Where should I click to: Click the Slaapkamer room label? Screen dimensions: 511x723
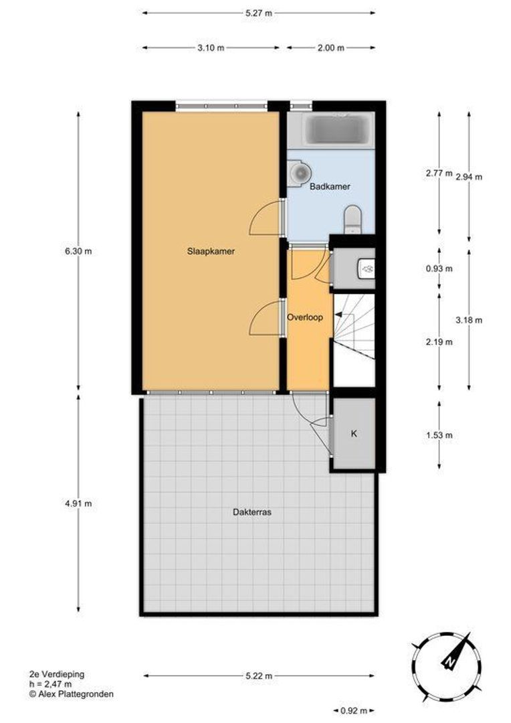coord(211,251)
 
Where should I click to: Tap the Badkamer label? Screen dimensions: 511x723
coord(330,187)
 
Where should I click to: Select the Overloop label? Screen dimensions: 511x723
coord(304,317)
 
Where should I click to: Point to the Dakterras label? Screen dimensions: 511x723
coord(251,512)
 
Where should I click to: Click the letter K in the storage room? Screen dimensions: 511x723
coord(354,433)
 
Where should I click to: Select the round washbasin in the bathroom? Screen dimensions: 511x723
coord(300,173)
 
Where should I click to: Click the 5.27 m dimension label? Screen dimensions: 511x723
coord(258,13)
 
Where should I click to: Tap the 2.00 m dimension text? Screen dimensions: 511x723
coord(330,48)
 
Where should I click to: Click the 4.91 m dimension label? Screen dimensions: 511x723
coord(78,503)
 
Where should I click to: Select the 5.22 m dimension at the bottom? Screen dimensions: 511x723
coord(258,676)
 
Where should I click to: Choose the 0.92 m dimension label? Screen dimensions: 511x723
coord(353,710)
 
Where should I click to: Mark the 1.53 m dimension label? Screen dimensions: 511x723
coord(439,435)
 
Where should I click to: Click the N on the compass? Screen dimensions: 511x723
coord(447,663)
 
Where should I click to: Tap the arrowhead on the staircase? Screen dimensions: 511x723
coord(338,315)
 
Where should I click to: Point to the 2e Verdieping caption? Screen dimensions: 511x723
coord(57,674)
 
